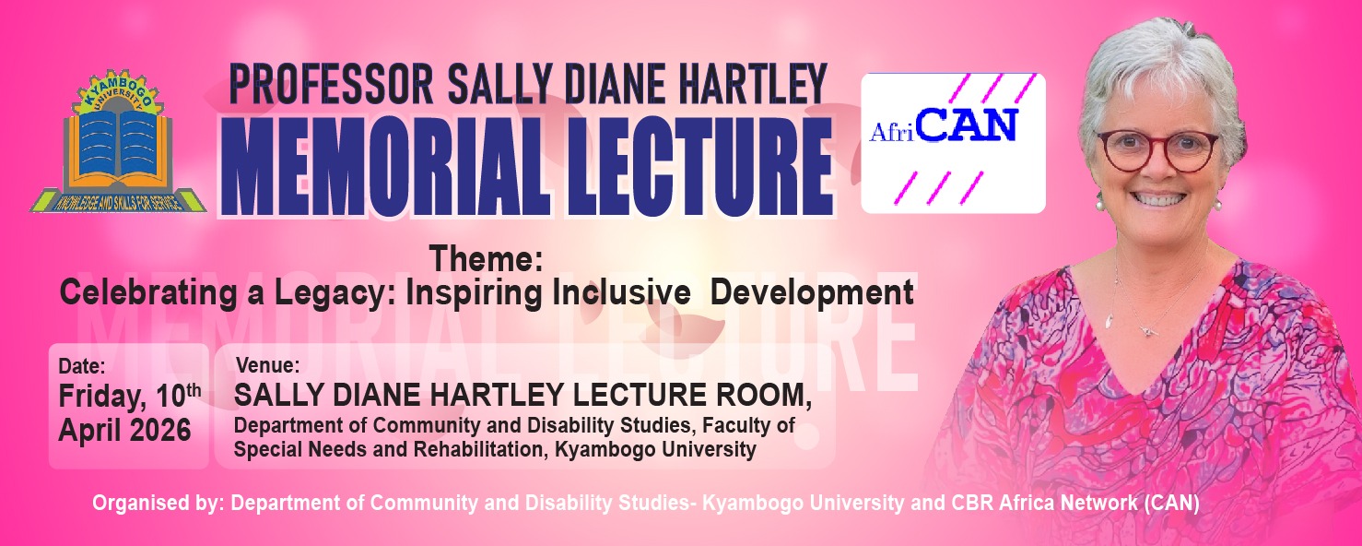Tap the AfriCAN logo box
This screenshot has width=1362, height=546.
coord(953,142)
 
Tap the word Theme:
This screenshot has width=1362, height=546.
coord(485,260)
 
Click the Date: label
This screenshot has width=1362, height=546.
coord(82,364)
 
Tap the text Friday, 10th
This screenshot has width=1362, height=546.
coord(129,397)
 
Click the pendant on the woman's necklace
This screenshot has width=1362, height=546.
coord(1145,329)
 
